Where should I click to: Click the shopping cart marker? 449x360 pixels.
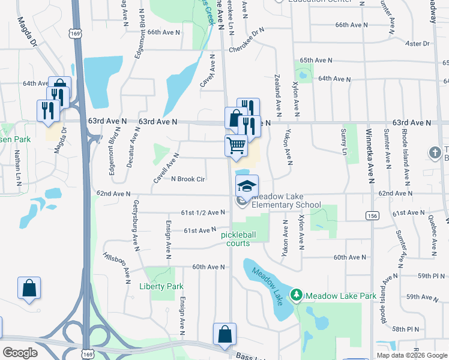pos(237,145)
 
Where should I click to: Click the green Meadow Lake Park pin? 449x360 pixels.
pos(296,295)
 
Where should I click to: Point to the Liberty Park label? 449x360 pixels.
pos(161,286)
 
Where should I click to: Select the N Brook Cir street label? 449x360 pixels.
pos(188,179)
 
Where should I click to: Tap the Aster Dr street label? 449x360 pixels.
pos(418,44)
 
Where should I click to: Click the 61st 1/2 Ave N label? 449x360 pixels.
pos(203,212)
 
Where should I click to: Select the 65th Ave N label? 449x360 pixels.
pos(316,61)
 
